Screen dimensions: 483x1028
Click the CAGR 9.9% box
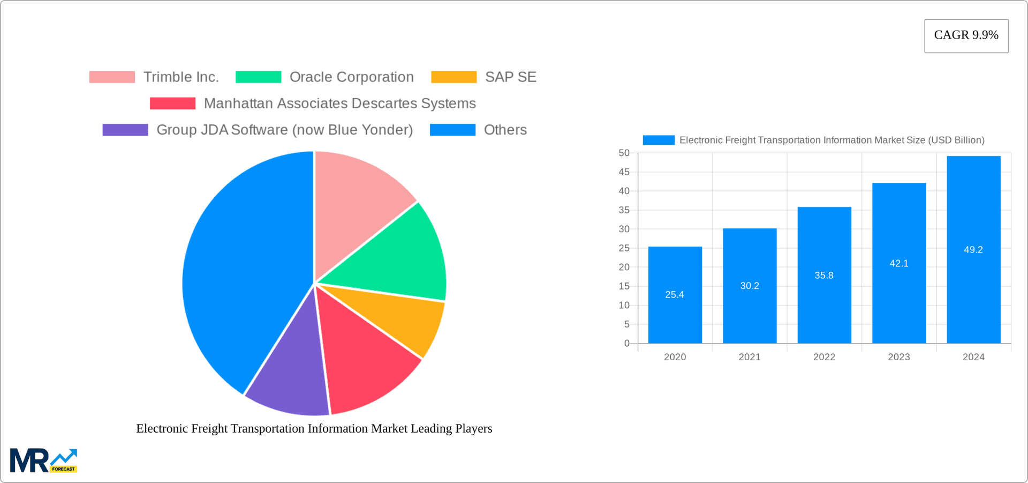[x=966, y=35]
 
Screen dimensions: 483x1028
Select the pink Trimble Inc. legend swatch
[x=112, y=77]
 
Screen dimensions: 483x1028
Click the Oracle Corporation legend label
[x=351, y=77]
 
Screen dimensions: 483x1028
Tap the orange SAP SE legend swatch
[x=453, y=77]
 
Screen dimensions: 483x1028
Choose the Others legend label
[x=505, y=130]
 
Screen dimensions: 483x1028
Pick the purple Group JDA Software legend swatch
[x=125, y=130]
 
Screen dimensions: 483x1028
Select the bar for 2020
[x=675, y=311]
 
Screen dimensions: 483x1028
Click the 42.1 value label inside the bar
[x=898, y=263]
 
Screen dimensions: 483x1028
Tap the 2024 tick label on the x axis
[x=973, y=357]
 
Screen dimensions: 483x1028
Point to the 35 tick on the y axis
[x=624, y=210]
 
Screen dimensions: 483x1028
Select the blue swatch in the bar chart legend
[x=658, y=140]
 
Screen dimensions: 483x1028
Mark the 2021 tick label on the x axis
[x=749, y=357]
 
